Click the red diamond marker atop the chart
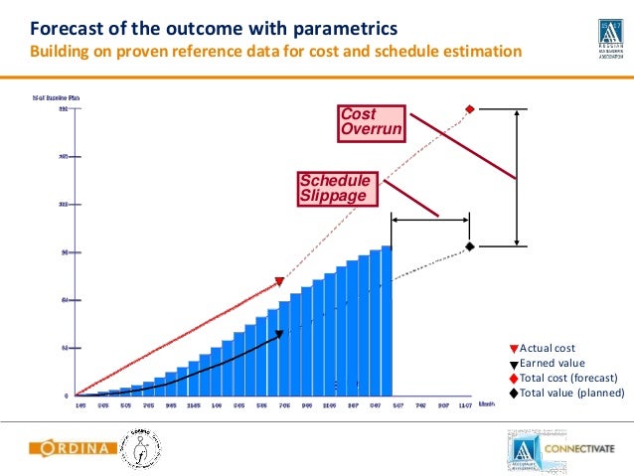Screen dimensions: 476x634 [469, 109]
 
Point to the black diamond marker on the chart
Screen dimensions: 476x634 [469, 245]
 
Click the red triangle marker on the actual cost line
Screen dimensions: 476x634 [279, 282]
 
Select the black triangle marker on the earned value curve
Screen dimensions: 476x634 [278, 335]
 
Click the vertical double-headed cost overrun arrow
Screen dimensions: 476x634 [517, 178]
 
